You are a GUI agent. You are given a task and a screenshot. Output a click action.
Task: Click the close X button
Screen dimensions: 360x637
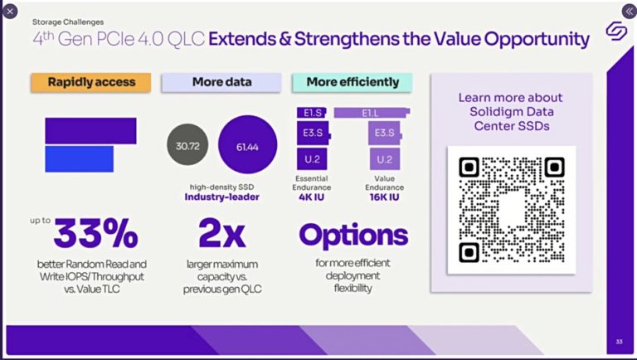(10, 11)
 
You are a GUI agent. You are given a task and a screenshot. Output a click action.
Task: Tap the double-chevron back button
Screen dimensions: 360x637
(628, 11)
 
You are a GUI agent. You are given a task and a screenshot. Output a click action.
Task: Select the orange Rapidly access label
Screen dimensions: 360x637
(90, 82)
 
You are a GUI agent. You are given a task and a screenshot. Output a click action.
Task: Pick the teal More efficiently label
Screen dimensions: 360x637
(353, 82)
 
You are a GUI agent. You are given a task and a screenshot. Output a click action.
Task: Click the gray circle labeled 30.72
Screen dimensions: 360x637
(187, 145)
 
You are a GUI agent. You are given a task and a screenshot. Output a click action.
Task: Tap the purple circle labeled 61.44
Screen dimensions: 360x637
(247, 145)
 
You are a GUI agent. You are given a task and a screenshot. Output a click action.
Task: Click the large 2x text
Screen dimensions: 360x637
(221, 235)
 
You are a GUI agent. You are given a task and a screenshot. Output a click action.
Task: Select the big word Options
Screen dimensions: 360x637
(353, 235)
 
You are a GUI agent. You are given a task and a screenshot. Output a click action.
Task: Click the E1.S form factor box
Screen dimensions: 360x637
(313, 111)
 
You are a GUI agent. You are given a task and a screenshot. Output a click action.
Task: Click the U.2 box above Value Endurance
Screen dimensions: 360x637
(384, 158)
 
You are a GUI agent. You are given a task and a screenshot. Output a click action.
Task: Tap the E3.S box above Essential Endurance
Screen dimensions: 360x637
(314, 133)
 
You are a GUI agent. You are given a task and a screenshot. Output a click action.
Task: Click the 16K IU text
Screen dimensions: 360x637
(384, 198)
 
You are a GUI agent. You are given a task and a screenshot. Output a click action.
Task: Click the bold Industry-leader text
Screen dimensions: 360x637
(221, 197)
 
